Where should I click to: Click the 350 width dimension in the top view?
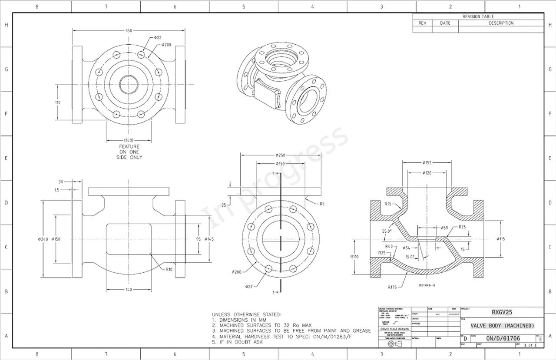click(x=129, y=30)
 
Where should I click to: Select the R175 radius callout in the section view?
click(x=392, y=287)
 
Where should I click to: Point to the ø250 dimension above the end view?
click(x=281, y=155)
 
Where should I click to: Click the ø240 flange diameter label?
click(x=43, y=239)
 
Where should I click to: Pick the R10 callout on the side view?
click(x=169, y=269)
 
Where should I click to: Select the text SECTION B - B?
click(x=427, y=285)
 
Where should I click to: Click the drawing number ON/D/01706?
click(x=503, y=338)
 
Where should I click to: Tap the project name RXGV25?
click(x=502, y=312)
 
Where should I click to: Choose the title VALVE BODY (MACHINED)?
click(x=502, y=326)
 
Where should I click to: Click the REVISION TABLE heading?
click(x=478, y=17)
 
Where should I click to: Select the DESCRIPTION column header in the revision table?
click(x=501, y=23)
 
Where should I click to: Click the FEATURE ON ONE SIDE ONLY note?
click(x=129, y=152)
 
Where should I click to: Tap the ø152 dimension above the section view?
click(x=427, y=163)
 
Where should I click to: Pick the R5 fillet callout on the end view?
click(x=322, y=204)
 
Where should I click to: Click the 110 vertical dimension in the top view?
click(x=58, y=102)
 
